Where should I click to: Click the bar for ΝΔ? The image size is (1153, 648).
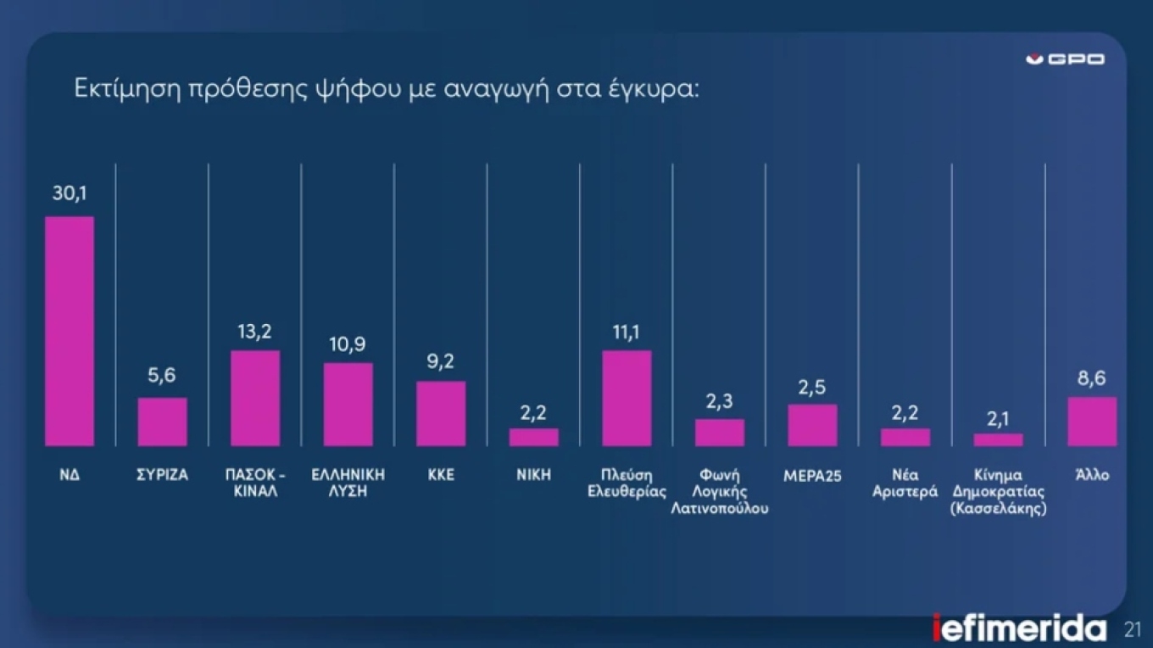pyautogui.click(x=70, y=331)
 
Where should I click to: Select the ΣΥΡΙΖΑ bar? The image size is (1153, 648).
pyautogui.click(x=163, y=422)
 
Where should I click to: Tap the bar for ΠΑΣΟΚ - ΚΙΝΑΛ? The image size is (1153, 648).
pyautogui.click(x=255, y=398)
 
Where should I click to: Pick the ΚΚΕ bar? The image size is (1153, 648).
pyautogui.click(x=441, y=413)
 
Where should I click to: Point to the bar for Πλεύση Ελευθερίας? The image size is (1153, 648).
pyautogui.click(x=627, y=398)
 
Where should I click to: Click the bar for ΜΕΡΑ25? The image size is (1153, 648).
pyautogui.click(x=812, y=425)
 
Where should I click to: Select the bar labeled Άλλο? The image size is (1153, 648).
pyautogui.click(x=1092, y=422)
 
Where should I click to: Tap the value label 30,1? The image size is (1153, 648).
pyautogui.click(x=70, y=194)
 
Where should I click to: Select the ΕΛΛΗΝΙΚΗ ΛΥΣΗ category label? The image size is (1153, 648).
pyautogui.click(x=348, y=483)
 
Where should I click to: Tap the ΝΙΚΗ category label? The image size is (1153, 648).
pyautogui.click(x=534, y=475)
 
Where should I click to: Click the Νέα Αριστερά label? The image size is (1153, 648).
pyautogui.click(x=905, y=483)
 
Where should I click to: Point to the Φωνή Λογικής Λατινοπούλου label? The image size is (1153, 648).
pyautogui.click(x=720, y=492)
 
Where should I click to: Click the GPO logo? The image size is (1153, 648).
pyautogui.click(x=1065, y=59)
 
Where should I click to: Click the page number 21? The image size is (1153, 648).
pyautogui.click(x=1133, y=630)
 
